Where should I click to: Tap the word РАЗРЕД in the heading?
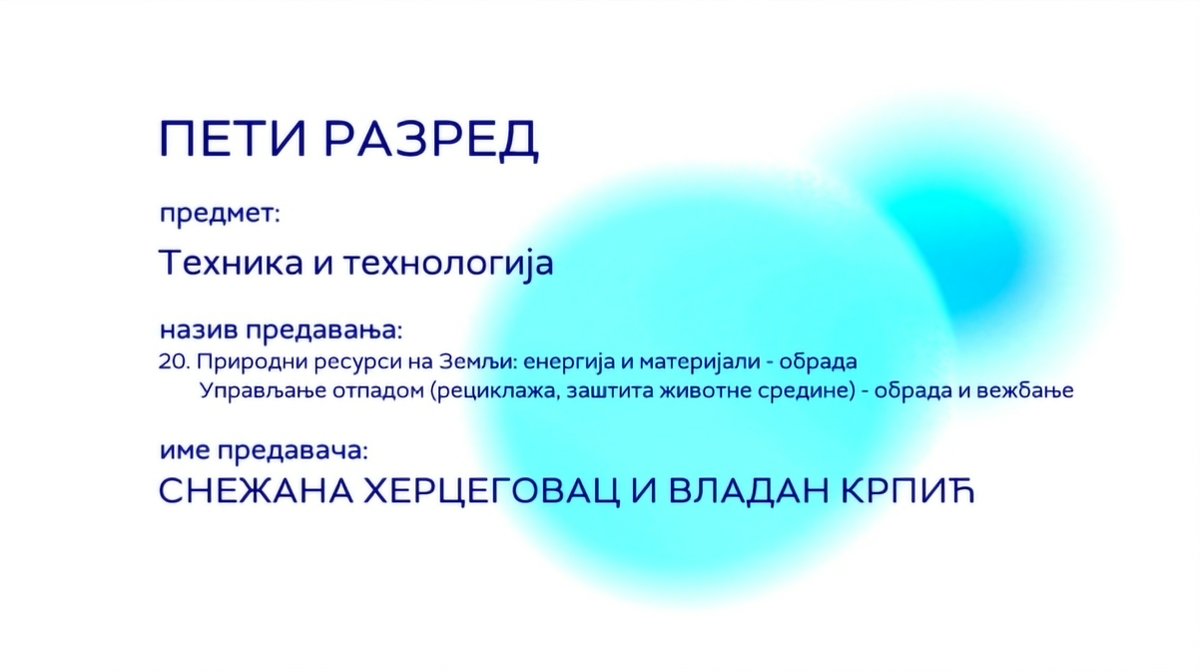431,140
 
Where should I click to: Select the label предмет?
220,214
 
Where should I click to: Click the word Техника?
231,263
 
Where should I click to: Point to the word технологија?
448,265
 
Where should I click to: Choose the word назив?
199,330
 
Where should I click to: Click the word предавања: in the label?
324,331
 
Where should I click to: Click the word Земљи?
478,362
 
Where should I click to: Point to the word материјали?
700,363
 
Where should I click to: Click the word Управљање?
262,392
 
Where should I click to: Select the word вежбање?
1025,392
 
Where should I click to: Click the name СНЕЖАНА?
256,490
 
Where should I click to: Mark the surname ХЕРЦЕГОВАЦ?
492,491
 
